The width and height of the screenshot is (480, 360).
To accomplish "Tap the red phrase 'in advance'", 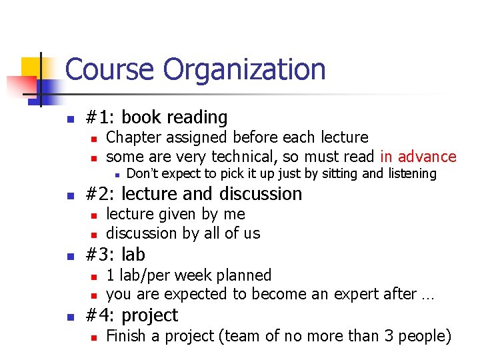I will [418, 157].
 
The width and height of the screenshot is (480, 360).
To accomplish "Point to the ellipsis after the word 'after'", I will [427, 296].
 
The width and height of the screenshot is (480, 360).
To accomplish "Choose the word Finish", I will [127, 335].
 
